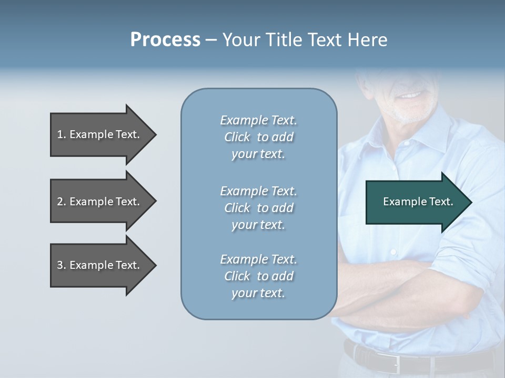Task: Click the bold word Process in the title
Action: point(165,40)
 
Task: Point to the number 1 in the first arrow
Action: point(60,134)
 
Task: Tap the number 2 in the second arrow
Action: point(60,202)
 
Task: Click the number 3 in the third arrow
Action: point(60,265)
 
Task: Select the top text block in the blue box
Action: point(258,137)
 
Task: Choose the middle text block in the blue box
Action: point(258,208)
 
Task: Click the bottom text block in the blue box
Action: point(258,276)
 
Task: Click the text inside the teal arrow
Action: point(418,202)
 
